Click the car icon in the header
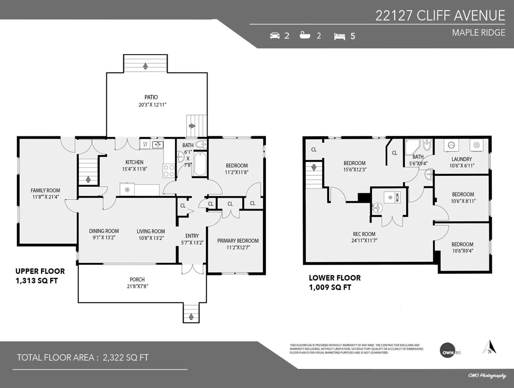[275, 36]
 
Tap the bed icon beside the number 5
[339, 36]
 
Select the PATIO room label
[151, 97]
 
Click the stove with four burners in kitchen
[168, 171]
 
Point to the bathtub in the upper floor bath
[200, 164]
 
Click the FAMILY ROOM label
[45, 190]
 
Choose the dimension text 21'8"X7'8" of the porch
[137, 286]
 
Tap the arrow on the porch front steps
[191, 317]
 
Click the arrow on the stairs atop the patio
[145, 66]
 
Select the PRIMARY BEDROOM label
[238, 241]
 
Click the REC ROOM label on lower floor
[364, 234]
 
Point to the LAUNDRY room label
[462, 159]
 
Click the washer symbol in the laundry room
[451, 145]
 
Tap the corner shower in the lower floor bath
[412, 146]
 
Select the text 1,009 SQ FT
[330, 287]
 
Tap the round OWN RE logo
[447, 350]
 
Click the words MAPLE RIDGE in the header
[478, 33]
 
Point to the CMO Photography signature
[487, 375]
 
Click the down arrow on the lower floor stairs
[314, 168]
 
